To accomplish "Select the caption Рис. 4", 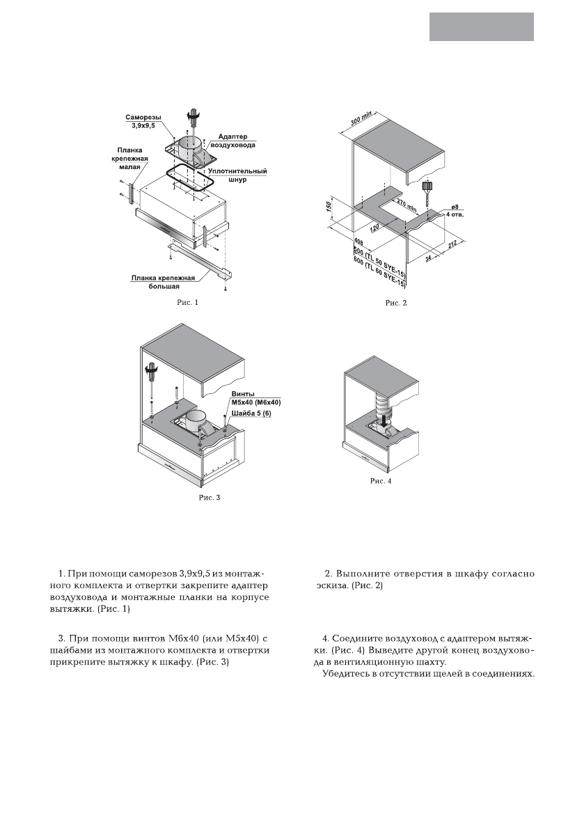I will (380, 480).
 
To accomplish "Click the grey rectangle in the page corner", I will (482, 26).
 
